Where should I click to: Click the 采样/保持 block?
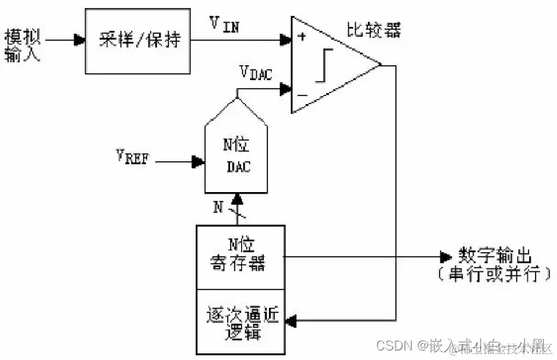coord(138,40)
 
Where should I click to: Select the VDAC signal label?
coord(255,73)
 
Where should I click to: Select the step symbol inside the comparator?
coord(325,66)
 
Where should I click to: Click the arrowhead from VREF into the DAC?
coord(197,161)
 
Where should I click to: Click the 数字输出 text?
coord(498,256)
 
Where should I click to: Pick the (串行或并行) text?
coord(498,275)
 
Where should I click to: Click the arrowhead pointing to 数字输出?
coord(446,257)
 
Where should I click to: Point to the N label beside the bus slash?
coord(218,207)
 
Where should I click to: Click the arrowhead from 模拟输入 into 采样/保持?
coord(79,40)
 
